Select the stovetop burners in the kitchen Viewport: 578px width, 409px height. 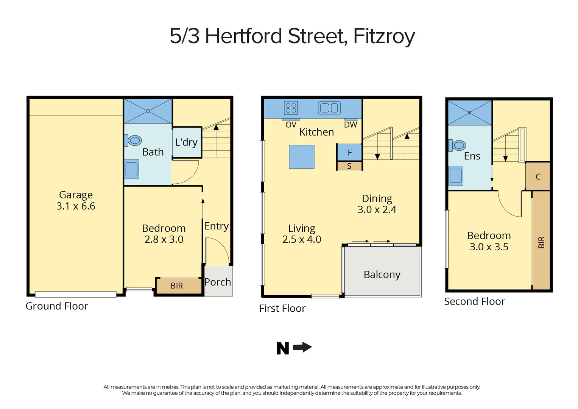[291, 108]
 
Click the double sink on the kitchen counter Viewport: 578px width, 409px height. [329, 108]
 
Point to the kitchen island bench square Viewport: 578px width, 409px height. [302, 157]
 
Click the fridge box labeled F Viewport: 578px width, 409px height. [349, 153]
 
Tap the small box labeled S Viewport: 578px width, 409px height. [349, 166]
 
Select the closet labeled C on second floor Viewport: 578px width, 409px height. [538, 176]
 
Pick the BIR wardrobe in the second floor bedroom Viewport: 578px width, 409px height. [541, 241]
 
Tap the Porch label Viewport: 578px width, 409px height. [218, 282]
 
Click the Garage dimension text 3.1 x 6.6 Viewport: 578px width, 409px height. [76, 206]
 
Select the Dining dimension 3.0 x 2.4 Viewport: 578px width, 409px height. [377, 210]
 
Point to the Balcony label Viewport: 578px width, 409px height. [382, 275]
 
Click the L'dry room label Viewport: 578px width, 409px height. [186, 142]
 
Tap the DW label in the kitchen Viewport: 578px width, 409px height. [351, 125]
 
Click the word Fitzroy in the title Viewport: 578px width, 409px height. [384, 36]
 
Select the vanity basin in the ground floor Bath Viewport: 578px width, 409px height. [132, 169]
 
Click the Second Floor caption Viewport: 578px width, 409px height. [474, 301]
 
